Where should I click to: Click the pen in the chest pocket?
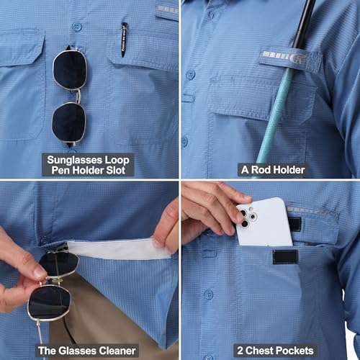click(125, 40)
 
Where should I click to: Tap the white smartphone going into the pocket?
click(264, 222)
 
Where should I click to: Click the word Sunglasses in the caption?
click(72, 161)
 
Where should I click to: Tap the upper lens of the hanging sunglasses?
click(70, 69)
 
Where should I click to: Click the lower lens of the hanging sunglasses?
click(69, 122)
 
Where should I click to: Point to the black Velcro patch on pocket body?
click(285, 257)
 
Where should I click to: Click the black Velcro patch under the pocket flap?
click(294, 224)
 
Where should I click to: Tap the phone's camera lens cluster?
click(248, 217)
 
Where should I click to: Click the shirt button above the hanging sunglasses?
click(76, 27)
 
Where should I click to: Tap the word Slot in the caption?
click(116, 171)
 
